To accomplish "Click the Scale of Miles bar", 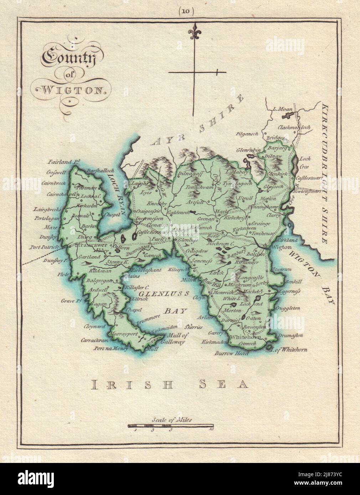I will tap(171, 425).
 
